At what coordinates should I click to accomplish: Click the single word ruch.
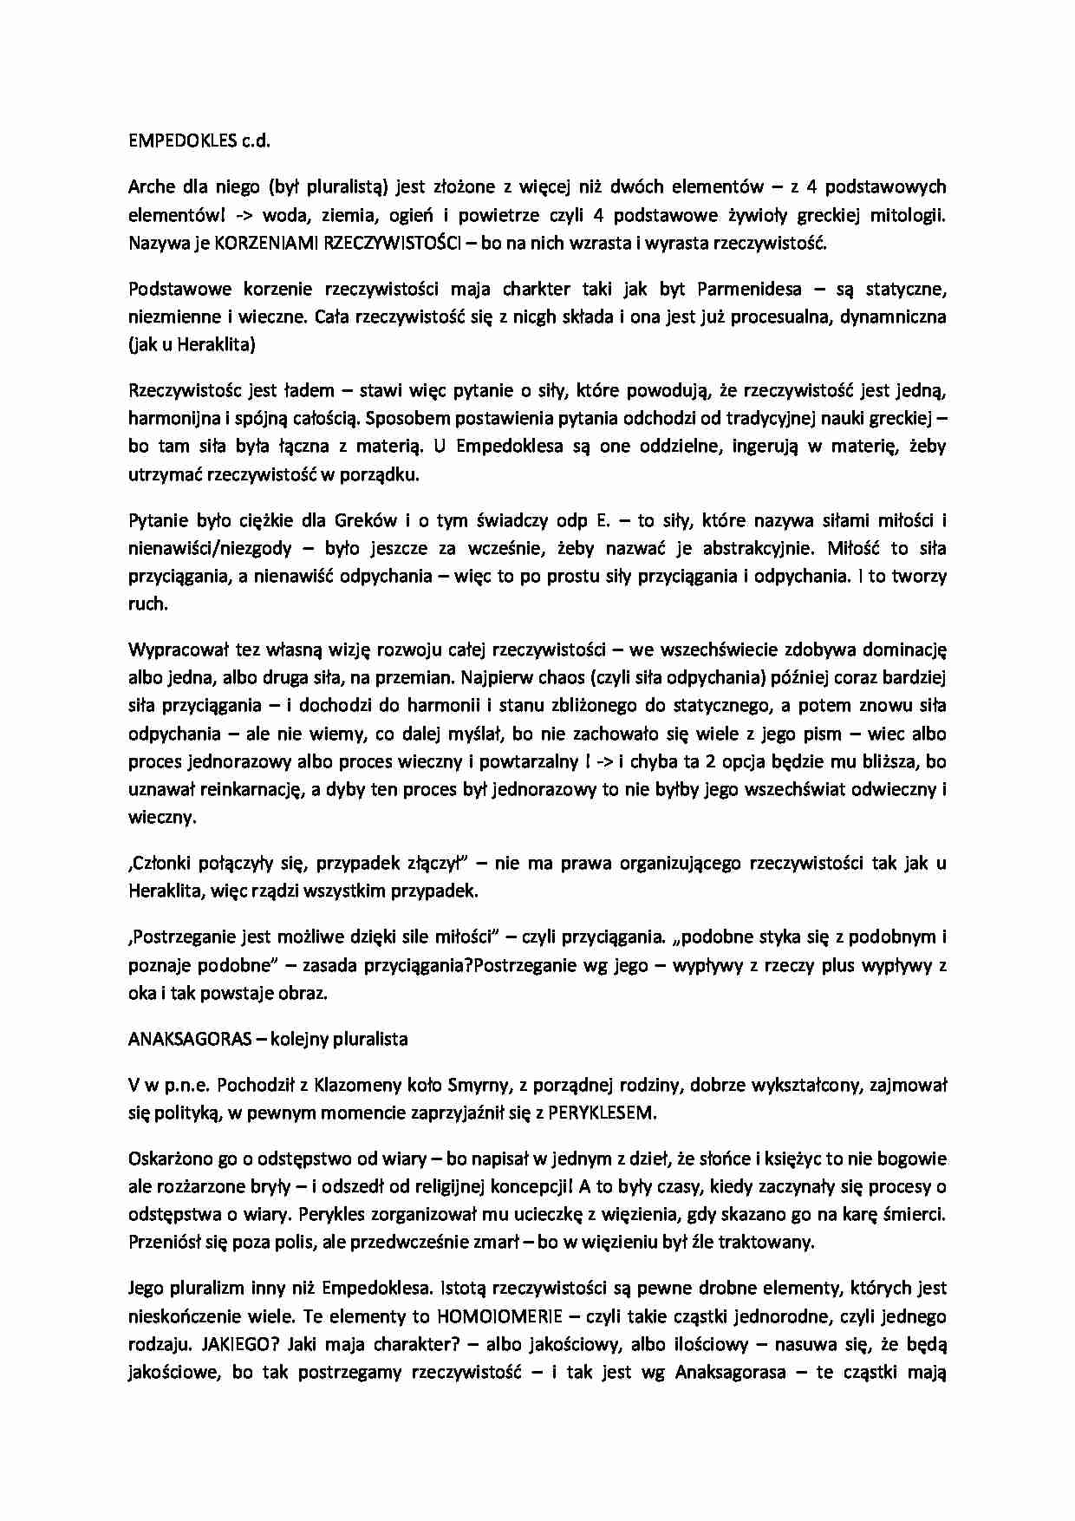[147, 604]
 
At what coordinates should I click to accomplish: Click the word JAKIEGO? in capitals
[239, 1344]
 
